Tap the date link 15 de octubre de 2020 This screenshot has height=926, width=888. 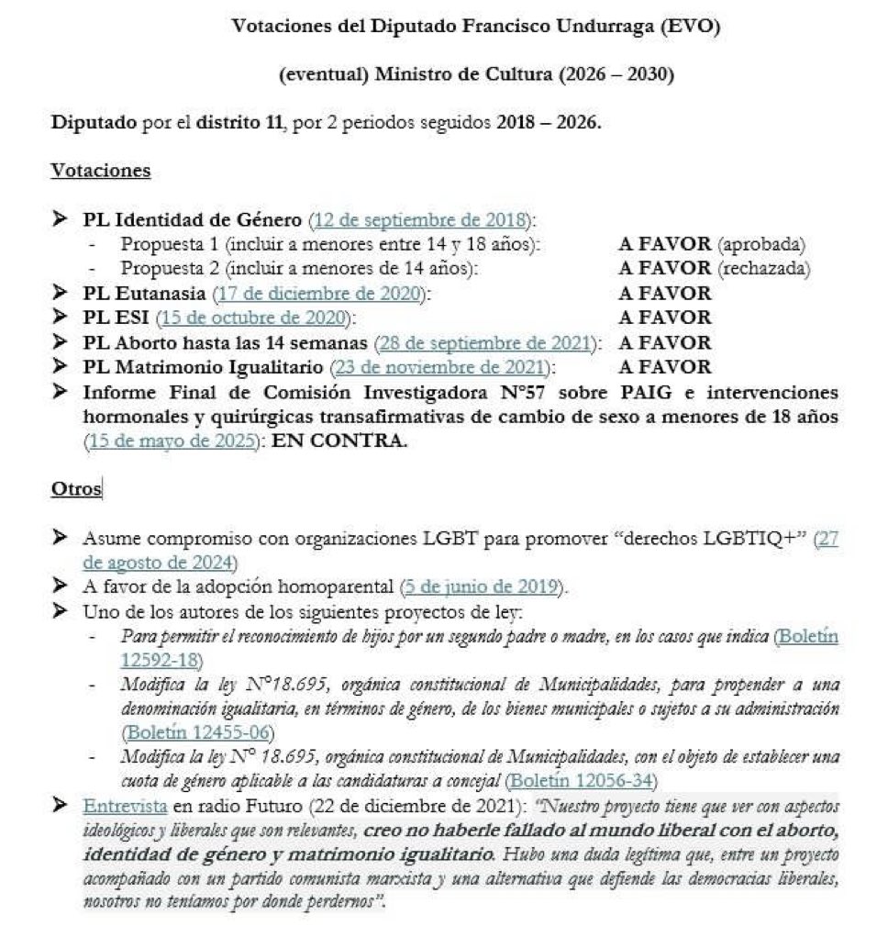(253, 318)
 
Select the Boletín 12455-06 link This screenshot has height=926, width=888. (197, 733)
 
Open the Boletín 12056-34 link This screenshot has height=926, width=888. (587, 780)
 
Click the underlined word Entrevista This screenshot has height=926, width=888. (125, 805)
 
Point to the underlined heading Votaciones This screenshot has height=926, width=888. (100, 170)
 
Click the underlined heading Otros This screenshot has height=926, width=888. (75, 489)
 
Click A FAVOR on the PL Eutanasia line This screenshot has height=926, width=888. (664, 294)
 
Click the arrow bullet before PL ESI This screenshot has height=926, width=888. (61, 318)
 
